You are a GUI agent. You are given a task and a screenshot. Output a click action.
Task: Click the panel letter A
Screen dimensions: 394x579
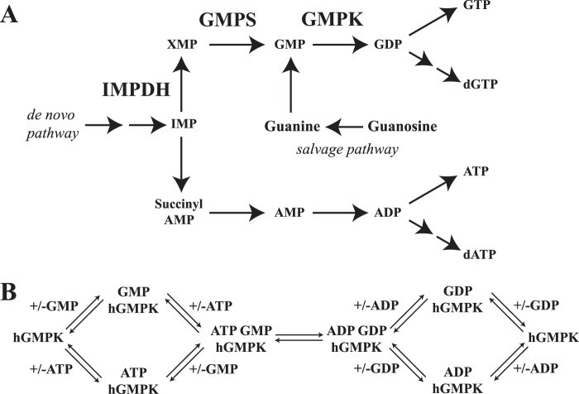(x=11, y=15)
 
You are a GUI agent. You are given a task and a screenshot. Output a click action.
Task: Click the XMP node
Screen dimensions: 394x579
(x=182, y=46)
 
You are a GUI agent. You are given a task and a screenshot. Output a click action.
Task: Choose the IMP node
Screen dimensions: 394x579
(x=183, y=126)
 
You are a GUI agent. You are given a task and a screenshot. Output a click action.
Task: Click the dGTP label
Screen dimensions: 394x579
(x=479, y=83)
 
